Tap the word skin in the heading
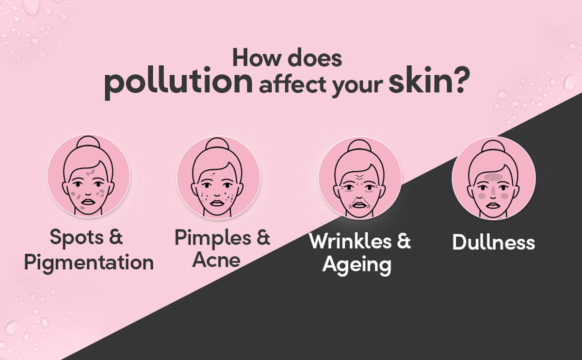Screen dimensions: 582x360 pyautogui.click(x=421, y=80)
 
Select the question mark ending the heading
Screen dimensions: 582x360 pyautogui.click(x=463, y=80)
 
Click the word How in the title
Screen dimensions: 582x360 pyautogui.click(x=257, y=58)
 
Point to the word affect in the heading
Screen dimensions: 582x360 pyautogui.click(x=293, y=84)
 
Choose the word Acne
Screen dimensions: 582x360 pyautogui.click(x=216, y=260)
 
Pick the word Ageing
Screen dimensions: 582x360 pyautogui.click(x=357, y=265)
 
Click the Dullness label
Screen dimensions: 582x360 pyautogui.click(x=494, y=242)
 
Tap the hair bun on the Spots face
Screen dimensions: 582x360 pyautogui.click(x=88, y=143)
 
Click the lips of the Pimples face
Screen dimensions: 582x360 pyautogui.click(x=217, y=203)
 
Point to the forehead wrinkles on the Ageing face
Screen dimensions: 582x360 pyautogui.click(x=359, y=178)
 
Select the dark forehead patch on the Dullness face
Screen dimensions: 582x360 pyautogui.click(x=493, y=177)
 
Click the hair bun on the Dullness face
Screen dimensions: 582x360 pyautogui.click(x=493, y=147)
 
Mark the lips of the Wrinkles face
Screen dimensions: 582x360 pyautogui.click(x=359, y=205)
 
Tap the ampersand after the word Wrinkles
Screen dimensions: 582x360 pyautogui.click(x=404, y=241)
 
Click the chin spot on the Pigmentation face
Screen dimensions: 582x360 pyautogui.click(x=82, y=208)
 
